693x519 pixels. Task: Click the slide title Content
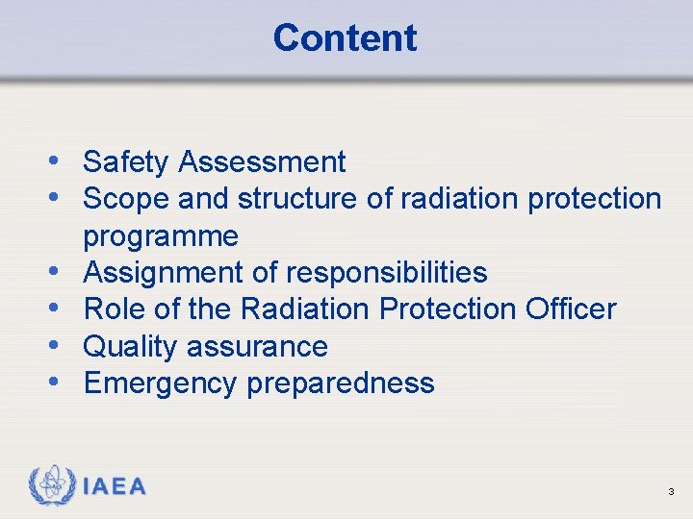pyautogui.click(x=345, y=38)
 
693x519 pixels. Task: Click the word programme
pyautogui.click(x=161, y=236)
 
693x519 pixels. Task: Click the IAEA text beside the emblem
pyautogui.click(x=115, y=486)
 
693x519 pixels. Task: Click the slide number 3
pyautogui.click(x=671, y=493)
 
